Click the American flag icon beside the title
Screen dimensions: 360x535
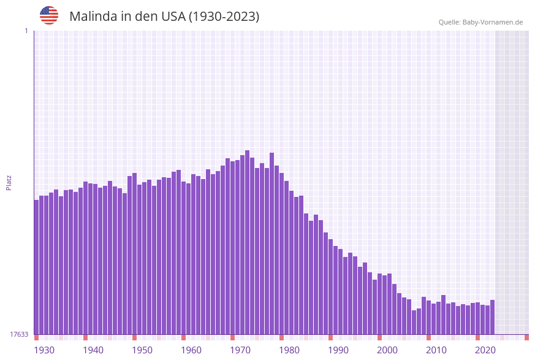(49, 15)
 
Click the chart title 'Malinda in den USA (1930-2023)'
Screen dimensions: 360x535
(164, 17)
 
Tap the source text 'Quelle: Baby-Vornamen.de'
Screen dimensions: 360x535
(480, 22)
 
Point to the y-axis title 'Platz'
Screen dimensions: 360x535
(9, 182)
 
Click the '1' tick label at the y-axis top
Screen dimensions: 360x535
(26, 31)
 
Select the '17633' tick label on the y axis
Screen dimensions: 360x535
(19, 334)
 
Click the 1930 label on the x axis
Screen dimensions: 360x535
(44, 350)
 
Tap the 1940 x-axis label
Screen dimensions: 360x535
(93, 350)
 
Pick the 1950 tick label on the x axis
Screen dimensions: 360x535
(142, 350)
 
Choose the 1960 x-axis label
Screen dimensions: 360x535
(191, 350)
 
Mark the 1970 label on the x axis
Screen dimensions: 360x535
(240, 350)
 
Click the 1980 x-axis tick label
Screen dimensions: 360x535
(289, 350)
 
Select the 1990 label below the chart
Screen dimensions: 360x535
(338, 350)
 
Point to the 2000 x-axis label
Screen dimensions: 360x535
(387, 350)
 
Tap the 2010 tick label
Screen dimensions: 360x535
(436, 350)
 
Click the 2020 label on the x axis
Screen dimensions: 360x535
(485, 350)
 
